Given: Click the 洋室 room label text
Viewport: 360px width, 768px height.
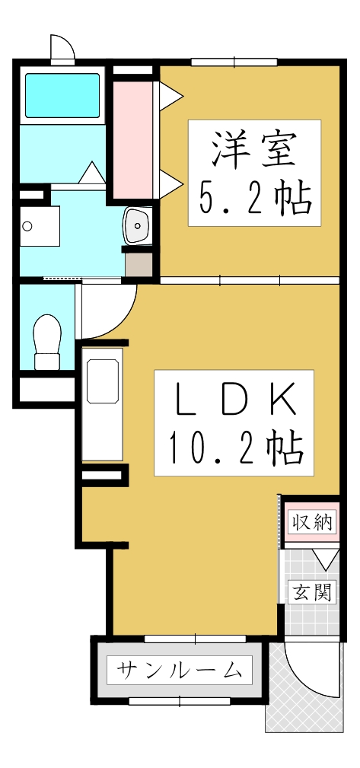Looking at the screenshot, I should [253, 149].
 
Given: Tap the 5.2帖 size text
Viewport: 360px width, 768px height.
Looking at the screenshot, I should [253, 199].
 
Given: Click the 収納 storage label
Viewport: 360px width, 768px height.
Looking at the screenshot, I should [312, 523].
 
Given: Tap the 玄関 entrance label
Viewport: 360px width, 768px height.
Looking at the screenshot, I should [312, 591].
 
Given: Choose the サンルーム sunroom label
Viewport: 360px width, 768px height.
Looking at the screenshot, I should [180, 671].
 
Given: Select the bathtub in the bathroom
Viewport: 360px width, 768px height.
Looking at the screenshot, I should [62, 95].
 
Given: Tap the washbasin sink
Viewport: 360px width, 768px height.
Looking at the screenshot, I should [138, 224].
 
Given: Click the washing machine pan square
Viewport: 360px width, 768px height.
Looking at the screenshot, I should [40, 226].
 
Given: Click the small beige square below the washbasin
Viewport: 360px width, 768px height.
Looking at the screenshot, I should [138, 264].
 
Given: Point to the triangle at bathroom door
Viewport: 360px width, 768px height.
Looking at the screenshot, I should [93, 173].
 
